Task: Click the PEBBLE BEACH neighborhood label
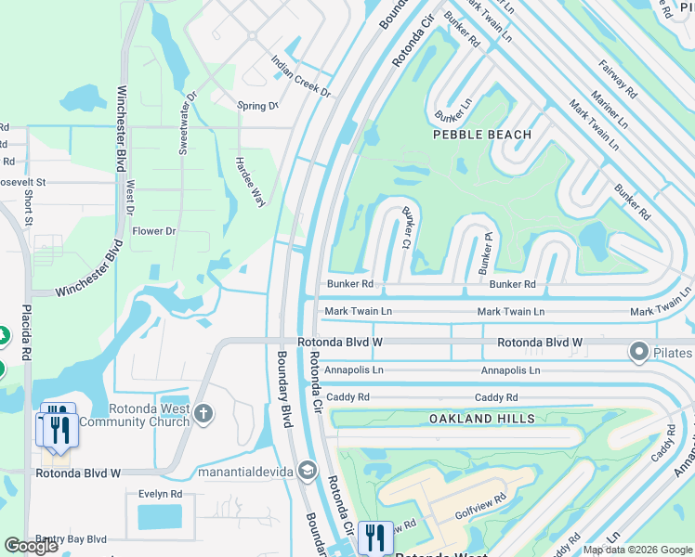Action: point(482,135)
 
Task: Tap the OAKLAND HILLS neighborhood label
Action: point(481,419)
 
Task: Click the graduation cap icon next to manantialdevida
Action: point(308,472)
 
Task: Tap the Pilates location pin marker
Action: point(638,352)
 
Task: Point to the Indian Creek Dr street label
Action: point(301,76)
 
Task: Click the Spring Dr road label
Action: point(257,106)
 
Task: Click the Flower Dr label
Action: point(154,231)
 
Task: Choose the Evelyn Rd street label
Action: point(160,495)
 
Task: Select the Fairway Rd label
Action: point(618,80)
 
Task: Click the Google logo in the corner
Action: point(32,546)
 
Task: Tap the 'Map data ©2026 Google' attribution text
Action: point(636,550)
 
